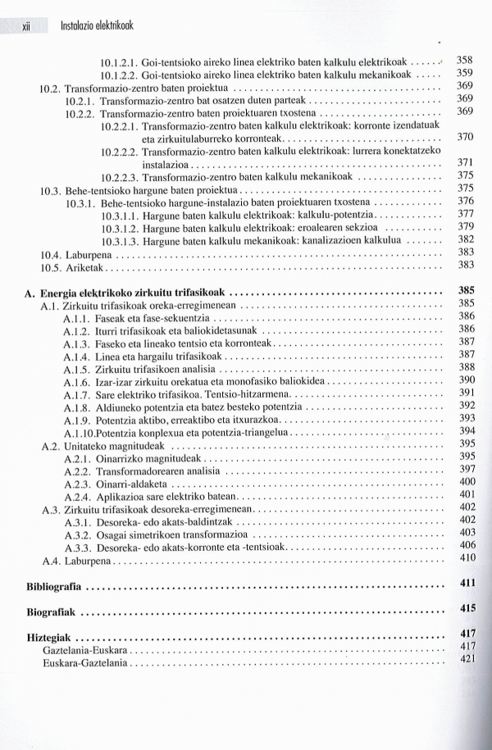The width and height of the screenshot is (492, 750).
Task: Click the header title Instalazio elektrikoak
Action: [x=97, y=25]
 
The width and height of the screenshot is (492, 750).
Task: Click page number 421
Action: [x=468, y=660]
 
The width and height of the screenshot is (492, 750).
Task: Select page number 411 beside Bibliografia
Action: [x=468, y=584]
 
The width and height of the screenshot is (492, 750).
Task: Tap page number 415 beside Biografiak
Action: [x=468, y=609]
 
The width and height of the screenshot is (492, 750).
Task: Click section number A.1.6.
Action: [x=75, y=380]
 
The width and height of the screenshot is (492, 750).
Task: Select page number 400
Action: [x=467, y=482]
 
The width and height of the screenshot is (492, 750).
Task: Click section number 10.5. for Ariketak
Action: [x=51, y=266]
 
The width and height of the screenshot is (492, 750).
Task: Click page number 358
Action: [x=465, y=60]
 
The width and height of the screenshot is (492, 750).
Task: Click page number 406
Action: [x=467, y=545]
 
